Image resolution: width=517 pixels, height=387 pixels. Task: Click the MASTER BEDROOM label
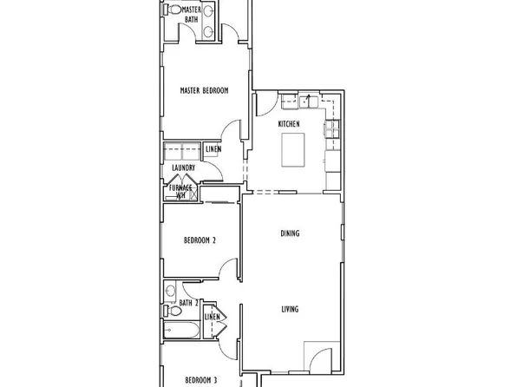[x=204, y=90]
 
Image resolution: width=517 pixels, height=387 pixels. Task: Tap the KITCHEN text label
[x=289, y=125]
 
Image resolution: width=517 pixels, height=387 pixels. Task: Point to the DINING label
[x=291, y=233]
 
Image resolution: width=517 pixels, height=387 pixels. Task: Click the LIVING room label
[x=291, y=308]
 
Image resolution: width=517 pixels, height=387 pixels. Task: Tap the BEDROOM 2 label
[x=200, y=241]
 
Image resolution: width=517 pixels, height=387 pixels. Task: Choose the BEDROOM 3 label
[x=200, y=379]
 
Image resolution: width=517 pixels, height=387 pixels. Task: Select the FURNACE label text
[x=180, y=187]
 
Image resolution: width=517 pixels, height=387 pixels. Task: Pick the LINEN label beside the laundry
[x=213, y=149]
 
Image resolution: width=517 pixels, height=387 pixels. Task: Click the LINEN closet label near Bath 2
[x=212, y=318]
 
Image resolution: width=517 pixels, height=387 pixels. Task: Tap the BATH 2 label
[x=189, y=302]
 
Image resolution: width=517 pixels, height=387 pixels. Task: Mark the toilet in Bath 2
[x=173, y=308]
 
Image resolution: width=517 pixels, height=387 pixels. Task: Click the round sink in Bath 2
[x=172, y=291]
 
